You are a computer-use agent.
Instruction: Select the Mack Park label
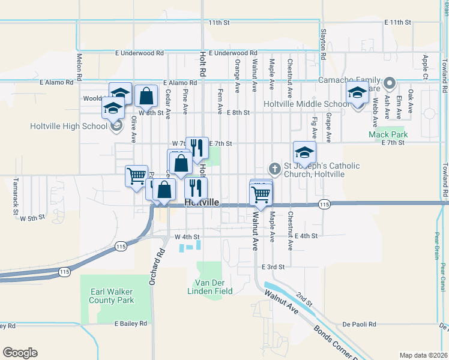point(387,134)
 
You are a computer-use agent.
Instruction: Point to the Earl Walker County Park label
point(112,296)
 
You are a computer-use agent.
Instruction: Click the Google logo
point(20,353)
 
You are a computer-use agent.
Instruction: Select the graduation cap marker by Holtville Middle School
point(357,94)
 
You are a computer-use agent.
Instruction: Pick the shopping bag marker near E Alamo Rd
point(146,95)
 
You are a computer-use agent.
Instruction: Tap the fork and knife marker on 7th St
point(196,148)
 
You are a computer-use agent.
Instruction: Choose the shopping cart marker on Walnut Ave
point(261,193)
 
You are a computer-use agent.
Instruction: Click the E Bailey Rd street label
point(131,323)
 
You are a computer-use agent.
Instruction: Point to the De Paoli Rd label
point(360,324)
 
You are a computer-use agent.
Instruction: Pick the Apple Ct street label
point(425,64)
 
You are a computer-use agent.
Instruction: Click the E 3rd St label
point(273,266)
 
